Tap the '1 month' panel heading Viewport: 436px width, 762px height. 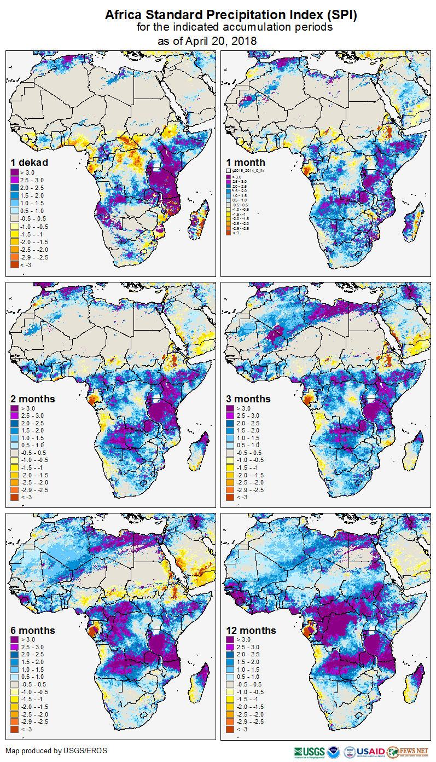(x=246, y=163)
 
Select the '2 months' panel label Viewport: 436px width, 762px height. (x=33, y=399)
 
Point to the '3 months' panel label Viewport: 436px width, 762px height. (x=248, y=399)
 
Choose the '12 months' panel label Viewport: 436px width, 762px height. (x=251, y=631)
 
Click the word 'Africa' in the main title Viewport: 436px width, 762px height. (x=124, y=15)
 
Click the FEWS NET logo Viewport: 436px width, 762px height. (x=408, y=752)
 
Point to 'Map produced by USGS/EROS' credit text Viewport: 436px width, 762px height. (x=56, y=751)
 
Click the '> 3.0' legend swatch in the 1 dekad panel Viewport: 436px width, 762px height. (x=15, y=172)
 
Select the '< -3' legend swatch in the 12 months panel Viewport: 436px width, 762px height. (x=230, y=729)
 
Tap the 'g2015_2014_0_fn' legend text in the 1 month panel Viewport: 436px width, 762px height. (x=249, y=171)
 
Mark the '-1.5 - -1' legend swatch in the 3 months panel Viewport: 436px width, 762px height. (x=230, y=467)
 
